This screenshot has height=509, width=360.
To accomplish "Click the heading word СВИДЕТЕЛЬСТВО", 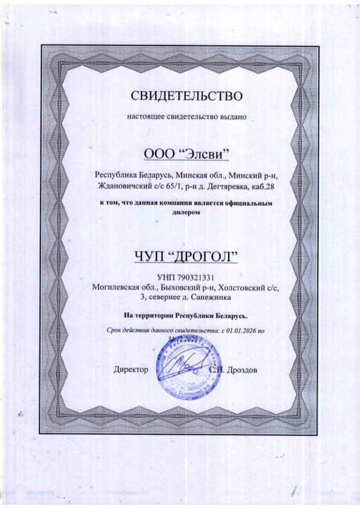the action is (x=186, y=96).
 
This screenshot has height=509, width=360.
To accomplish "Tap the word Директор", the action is (x=130, y=368).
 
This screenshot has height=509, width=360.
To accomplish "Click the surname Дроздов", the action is (x=241, y=368).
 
